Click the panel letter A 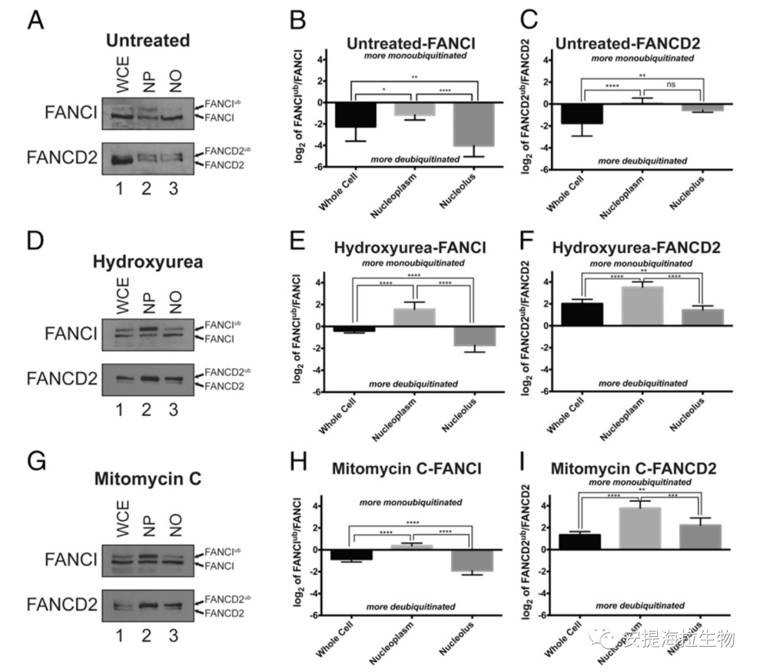37,21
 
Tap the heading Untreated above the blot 144,40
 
